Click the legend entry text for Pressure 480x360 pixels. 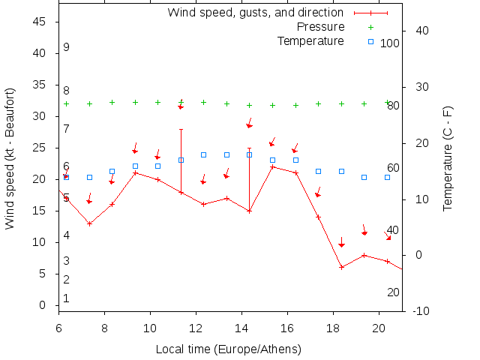[x=314, y=27]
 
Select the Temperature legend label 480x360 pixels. [x=310, y=40]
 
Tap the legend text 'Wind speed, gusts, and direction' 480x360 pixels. [x=255, y=13]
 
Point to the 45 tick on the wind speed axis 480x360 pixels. [x=40, y=22]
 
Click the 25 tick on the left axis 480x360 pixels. [x=40, y=148]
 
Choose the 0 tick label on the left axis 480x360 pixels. [x=43, y=305]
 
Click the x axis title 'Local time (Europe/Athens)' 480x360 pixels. [x=228, y=349]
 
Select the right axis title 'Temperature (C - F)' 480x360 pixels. [x=448, y=158]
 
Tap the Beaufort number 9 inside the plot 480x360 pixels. [x=67, y=47]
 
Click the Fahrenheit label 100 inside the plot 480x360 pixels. [x=389, y=43]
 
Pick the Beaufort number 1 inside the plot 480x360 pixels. [x=67, y=298]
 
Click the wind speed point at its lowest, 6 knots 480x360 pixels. [x=341, y=267]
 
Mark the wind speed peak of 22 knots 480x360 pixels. [x=272, y=166]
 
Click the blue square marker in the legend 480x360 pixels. [x=370, y=41]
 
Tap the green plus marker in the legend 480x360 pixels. [x=370, y=27]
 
